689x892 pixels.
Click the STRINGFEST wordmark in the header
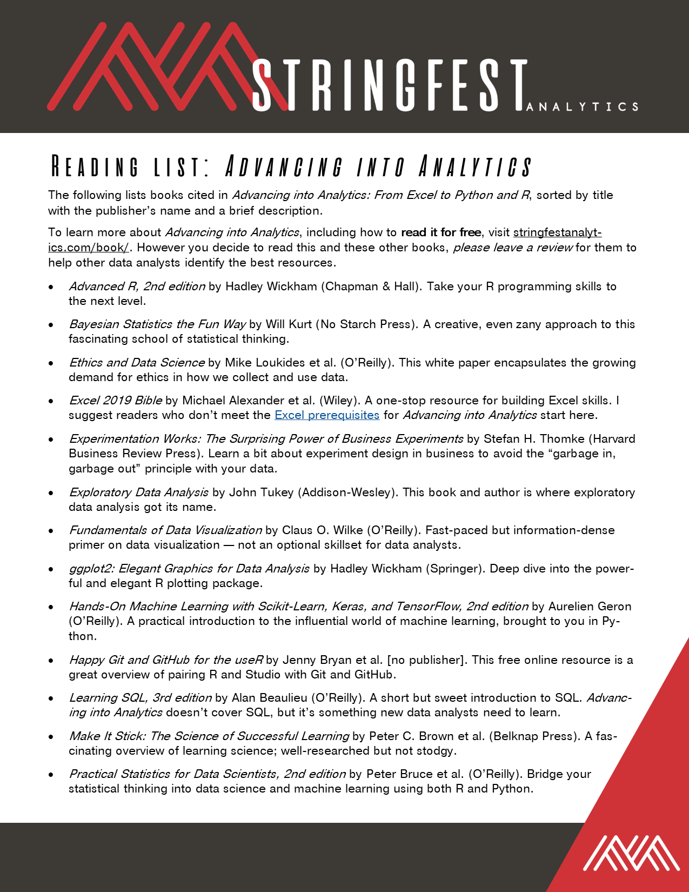click(389, 85)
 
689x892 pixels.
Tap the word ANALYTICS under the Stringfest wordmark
click(583, 106)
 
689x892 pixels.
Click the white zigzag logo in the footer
click(631, 853)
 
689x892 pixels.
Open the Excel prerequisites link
click(327, 415)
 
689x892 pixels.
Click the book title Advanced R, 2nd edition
click(137, 287)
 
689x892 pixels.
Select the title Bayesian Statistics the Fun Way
click(157, 324)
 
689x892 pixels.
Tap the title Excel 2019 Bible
click(115, 401)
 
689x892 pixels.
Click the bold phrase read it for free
click(441, 232)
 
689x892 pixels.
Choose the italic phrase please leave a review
click(513, 248)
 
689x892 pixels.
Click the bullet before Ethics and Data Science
click(51, 363)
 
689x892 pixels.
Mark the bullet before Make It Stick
click(51, 737)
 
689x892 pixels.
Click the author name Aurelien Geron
click(590, 607)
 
